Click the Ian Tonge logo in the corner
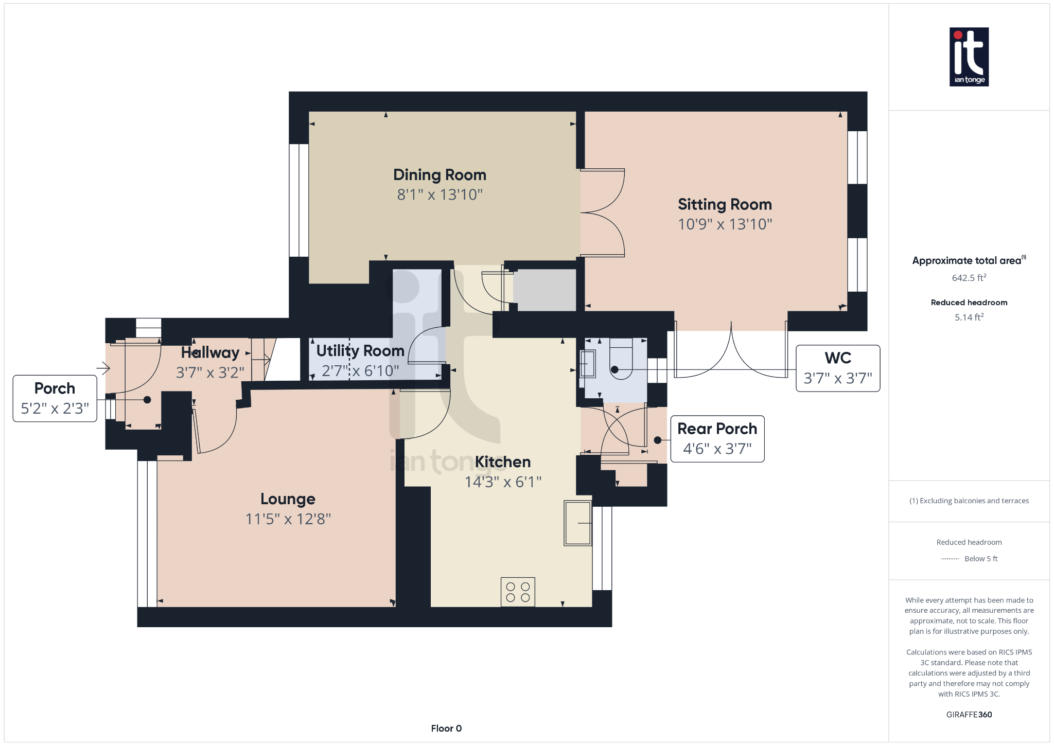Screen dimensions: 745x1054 click(969, 57)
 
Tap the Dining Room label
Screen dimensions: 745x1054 click(440, 175)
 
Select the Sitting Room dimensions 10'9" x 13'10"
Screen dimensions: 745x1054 click(725, 224)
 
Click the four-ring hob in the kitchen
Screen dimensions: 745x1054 click(518, 592)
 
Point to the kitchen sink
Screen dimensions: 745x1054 click(577, 523)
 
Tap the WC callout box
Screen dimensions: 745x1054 click(837, 368)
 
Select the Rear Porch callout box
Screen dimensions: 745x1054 click(717, 439)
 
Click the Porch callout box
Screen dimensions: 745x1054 click(55, 399)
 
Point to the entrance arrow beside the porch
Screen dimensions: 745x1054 click(103, 368)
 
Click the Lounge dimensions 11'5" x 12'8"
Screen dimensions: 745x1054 click(288, 519)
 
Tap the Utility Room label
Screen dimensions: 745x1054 click(360, 351)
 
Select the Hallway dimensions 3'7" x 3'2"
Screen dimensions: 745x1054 click(210, 372)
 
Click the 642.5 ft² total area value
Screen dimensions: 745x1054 click(969, 278)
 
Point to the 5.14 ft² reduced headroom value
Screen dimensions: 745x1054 click(969, 317)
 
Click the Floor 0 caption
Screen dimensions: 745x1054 click(446, 729)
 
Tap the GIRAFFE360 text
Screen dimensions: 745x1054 click(969, 715)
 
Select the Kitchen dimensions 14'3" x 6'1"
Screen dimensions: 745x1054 click(503, 482)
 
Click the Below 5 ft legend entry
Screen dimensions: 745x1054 click(980, 559)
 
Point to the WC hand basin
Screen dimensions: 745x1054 click(588, 364)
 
